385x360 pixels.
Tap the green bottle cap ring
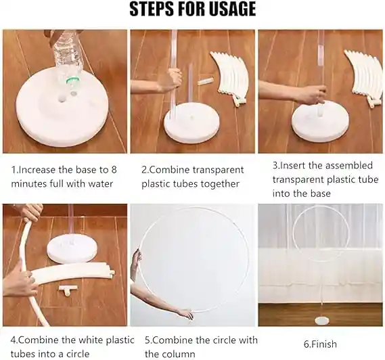click(73, 80)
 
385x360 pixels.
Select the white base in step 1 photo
click(63, 110)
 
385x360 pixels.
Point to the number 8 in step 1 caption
click(114, 170)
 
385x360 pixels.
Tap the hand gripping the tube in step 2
click(173, 79)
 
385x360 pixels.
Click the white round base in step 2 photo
click(188, 122)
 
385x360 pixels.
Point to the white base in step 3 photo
click(321, 121)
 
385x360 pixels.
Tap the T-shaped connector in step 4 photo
click(68, 289)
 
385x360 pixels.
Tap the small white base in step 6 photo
click(322, 321)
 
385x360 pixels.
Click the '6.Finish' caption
click(320, 344)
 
